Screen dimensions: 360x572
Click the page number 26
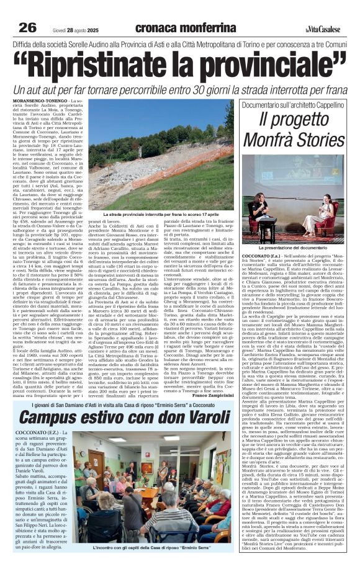coord(27,27)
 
